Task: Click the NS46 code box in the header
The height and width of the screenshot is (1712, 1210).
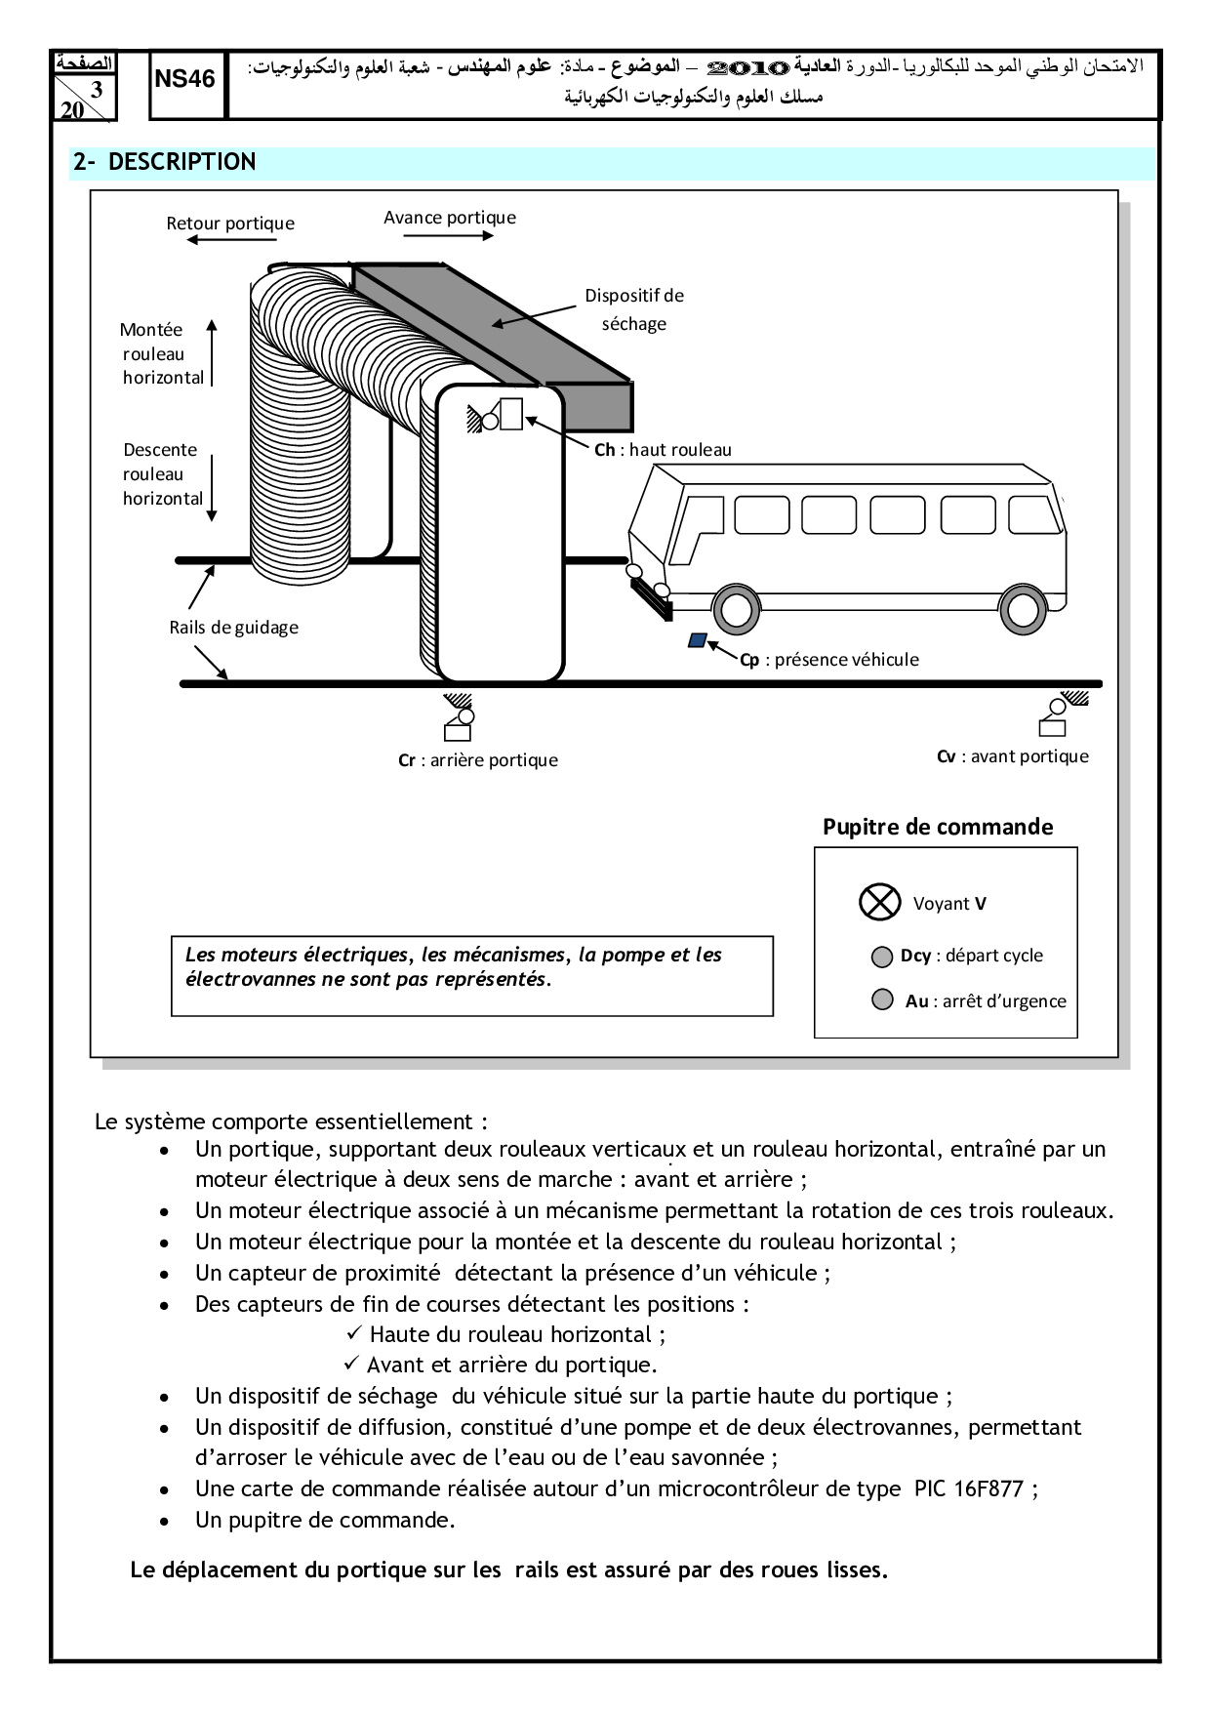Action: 184,79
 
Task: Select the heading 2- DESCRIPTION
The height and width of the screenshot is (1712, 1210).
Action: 164,162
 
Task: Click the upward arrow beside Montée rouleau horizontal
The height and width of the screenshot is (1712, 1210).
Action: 212,351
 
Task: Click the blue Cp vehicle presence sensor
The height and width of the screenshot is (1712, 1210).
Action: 697,640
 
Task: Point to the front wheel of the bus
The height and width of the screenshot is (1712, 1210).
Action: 737,609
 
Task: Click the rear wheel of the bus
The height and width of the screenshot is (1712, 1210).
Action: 1022,608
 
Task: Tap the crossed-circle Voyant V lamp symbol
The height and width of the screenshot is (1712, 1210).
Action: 879,902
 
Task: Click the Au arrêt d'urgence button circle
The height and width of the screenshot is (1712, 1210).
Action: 882,999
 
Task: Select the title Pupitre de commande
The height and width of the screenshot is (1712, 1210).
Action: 938,827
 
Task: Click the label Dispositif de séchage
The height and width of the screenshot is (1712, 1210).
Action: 634,309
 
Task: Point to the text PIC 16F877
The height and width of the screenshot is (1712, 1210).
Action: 968,1488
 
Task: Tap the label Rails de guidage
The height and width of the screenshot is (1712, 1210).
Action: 234,628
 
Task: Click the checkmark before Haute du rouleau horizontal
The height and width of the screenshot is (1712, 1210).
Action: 354,1333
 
